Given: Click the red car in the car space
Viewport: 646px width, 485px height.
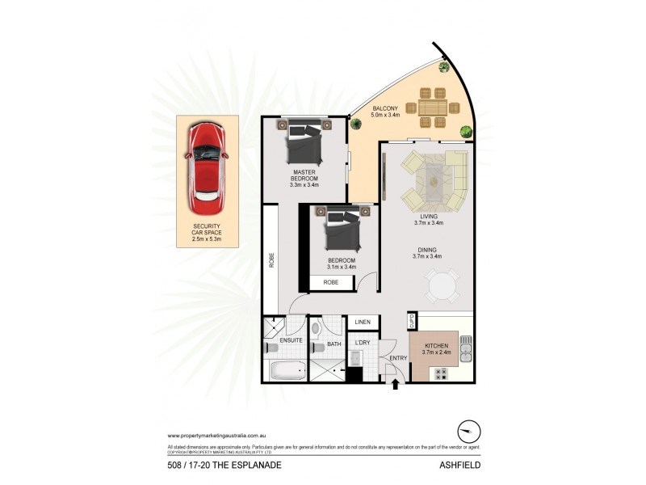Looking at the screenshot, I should click(x=208, y=164).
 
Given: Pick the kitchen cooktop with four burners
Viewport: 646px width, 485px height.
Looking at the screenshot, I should click(x=442, y=373).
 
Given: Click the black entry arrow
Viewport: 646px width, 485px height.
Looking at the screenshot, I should click(x=395, y=386).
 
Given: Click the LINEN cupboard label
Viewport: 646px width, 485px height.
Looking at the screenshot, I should click(x=363, y=323).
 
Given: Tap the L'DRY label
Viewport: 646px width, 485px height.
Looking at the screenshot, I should click(x=363, y=344).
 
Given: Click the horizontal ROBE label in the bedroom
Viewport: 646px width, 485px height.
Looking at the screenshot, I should click(x=331, y=282).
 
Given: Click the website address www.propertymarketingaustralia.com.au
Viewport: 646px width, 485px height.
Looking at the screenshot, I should click(x=218, y=436).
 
